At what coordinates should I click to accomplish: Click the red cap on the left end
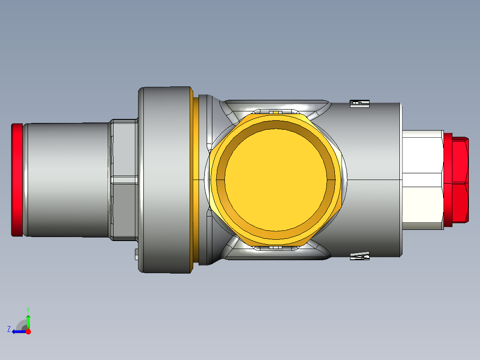16,180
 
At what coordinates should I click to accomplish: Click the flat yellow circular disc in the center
277,178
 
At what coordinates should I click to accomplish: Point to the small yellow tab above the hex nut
276,112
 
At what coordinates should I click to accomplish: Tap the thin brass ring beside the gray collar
194,180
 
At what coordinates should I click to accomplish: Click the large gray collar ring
165,180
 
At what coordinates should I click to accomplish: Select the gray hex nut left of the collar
124,180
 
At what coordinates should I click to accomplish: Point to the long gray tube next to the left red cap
67,180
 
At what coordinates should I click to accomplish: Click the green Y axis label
28,309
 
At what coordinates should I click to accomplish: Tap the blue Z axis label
9,329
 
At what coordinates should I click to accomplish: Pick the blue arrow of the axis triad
18,331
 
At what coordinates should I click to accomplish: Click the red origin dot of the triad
28,331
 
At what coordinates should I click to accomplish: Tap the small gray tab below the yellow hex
276,247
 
